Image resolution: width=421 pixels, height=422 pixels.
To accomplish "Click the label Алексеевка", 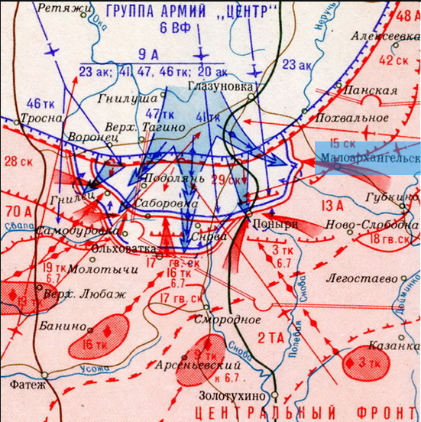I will pos(387,36).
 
